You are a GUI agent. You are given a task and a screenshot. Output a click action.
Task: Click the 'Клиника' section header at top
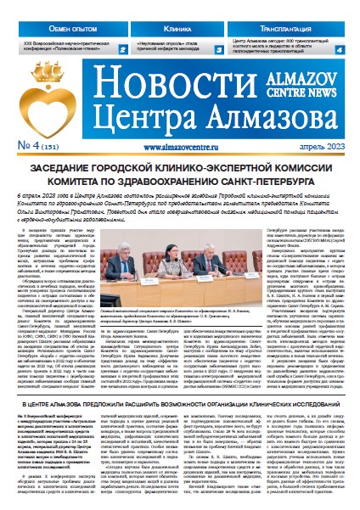(x=175, y=28)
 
